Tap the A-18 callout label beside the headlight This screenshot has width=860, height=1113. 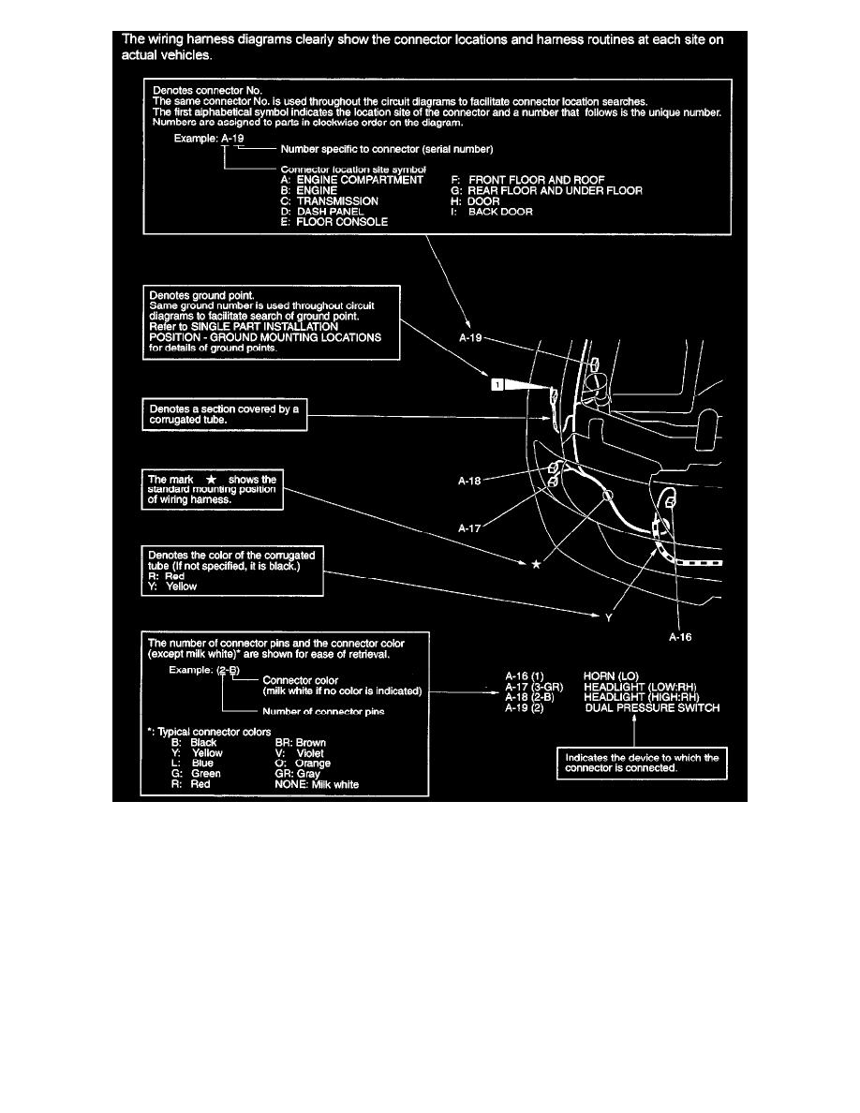pos(470,482)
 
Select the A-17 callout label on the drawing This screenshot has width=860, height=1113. pos(470,527)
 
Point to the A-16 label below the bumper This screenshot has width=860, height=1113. pos(681,635)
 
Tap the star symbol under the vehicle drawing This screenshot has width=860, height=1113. pos(536,564)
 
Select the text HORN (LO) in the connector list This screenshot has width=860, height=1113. pos(611,675)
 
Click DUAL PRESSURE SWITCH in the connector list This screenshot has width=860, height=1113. pos(652,709)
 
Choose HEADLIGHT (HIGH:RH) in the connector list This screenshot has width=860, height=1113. pos(642,697)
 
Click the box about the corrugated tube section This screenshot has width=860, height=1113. pos(224,415)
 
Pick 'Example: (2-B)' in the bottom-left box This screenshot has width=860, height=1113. pos(204,671)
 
